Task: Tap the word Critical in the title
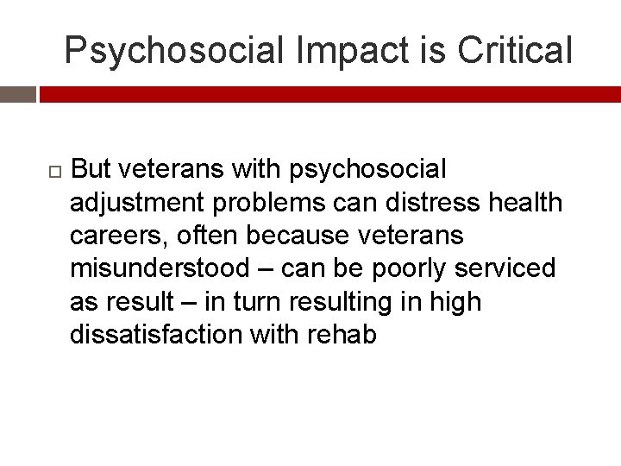pos(515,50)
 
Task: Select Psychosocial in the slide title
pos(173,50)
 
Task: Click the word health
pos(524,203)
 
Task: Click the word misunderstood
pos(159,268)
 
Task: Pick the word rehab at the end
pos(342,334)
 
